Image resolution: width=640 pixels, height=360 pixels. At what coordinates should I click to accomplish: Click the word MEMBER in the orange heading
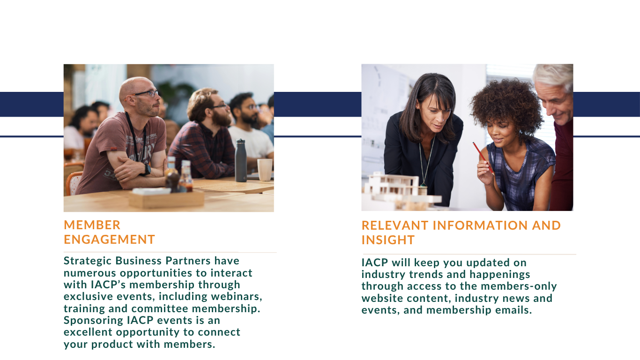pos(92,225)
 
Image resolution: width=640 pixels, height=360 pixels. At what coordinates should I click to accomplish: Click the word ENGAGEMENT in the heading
pos(110,240)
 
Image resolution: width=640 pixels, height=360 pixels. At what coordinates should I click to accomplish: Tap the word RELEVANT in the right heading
pos(395,225)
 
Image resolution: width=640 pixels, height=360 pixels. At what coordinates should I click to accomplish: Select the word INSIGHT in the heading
pos(388,240)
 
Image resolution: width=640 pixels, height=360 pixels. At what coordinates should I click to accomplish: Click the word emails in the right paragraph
pos(513,310)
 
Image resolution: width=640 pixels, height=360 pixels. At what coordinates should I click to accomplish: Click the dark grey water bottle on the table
pos(240,160)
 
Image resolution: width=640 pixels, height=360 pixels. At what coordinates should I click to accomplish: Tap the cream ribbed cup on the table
pos(265,170)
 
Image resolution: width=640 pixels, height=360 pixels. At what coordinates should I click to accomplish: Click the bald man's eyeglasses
pos(144,93)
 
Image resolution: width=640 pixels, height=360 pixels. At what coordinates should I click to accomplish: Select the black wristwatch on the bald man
pos(147,170)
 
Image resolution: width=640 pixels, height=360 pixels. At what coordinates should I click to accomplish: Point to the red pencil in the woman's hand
pos(483,158)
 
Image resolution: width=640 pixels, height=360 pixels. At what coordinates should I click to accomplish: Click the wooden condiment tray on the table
pos(167,199)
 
